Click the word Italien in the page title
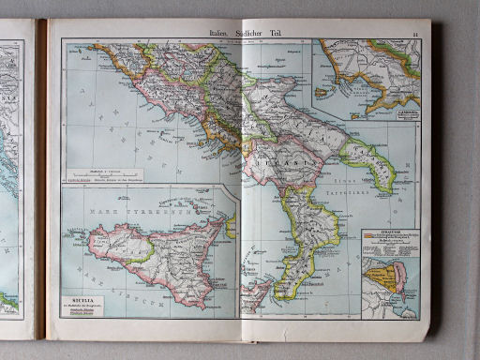tap(221, 34)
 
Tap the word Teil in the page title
tap(273, 34)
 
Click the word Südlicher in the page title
tap(247, 34)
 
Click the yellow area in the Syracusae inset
tap(382, 277)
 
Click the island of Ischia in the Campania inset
tap(329, 91)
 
